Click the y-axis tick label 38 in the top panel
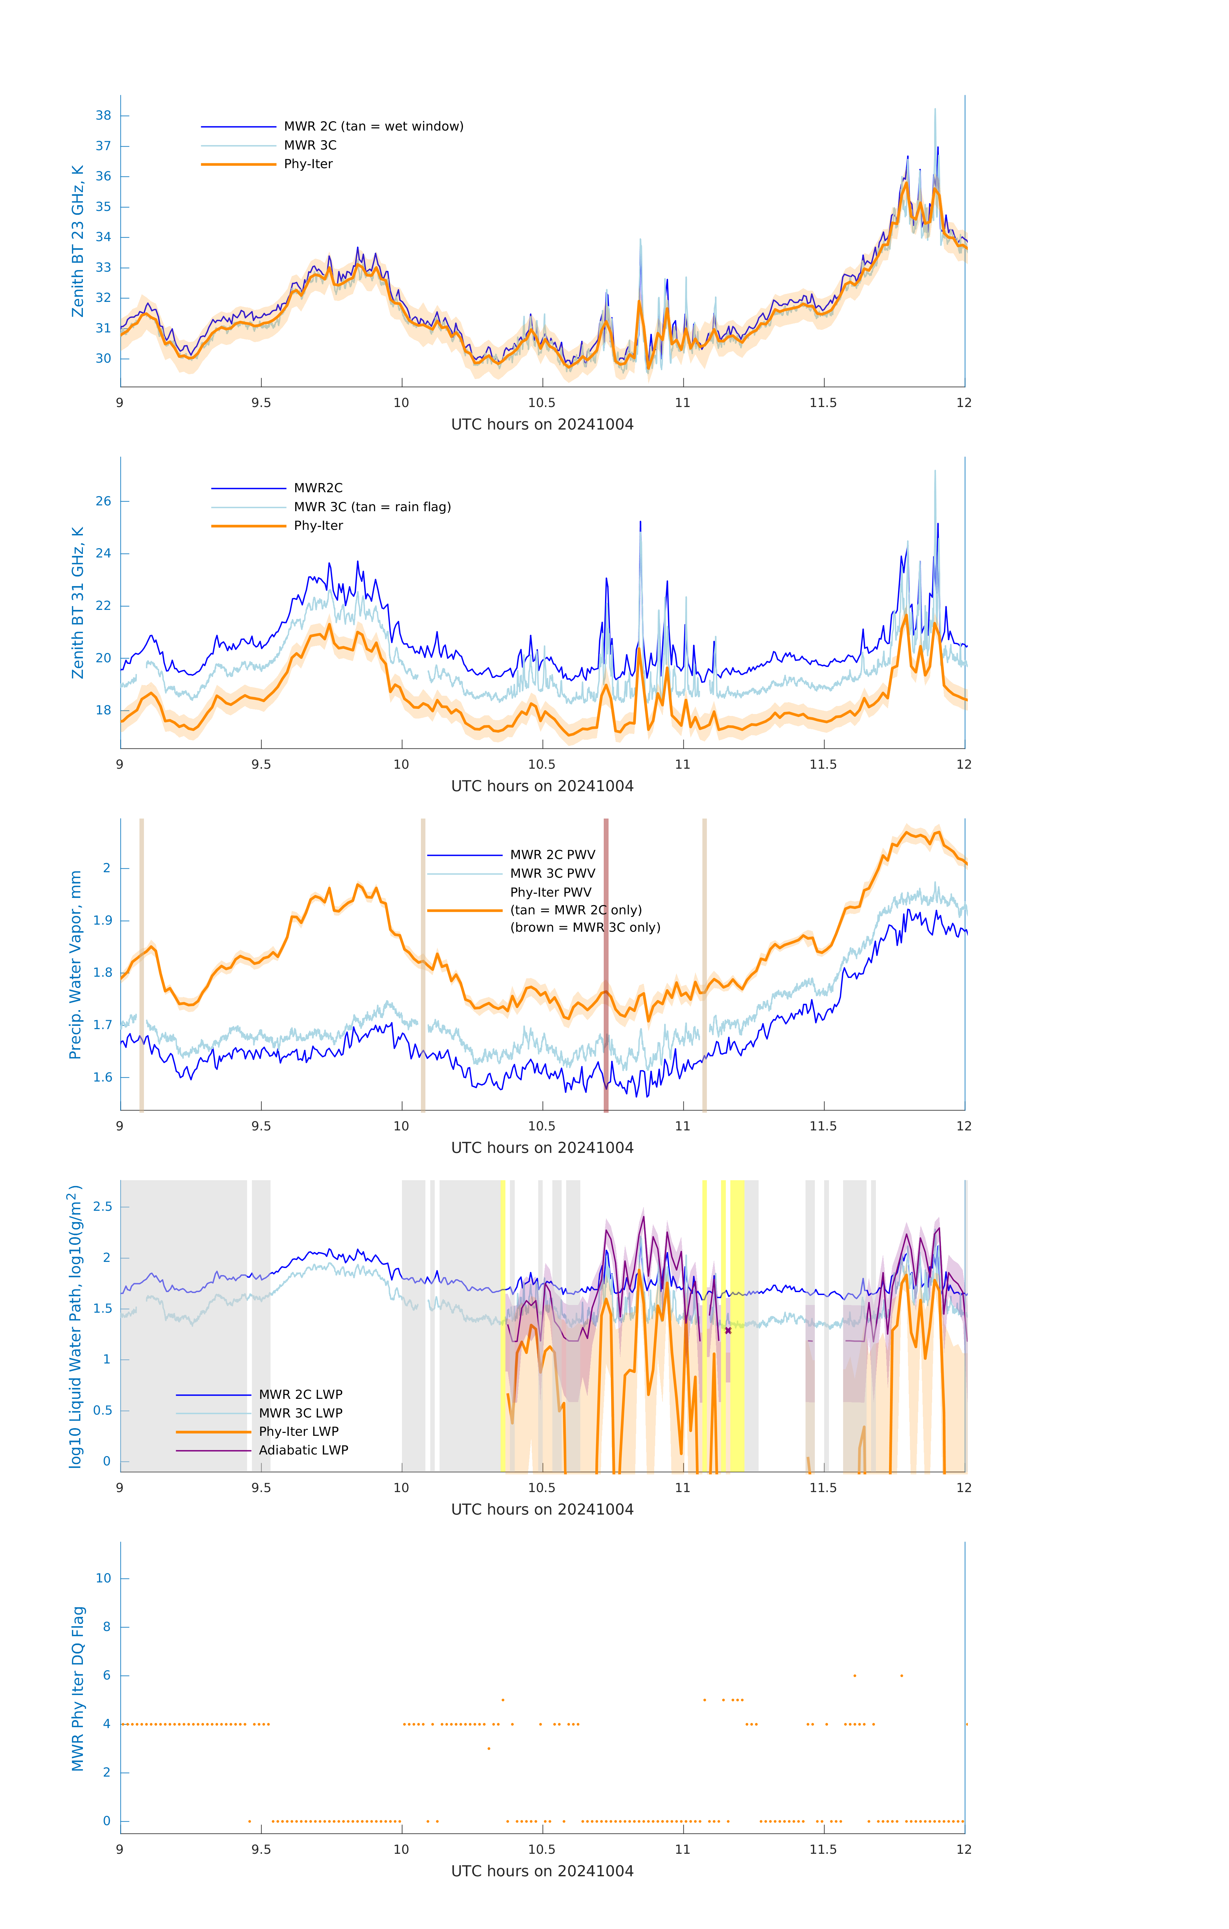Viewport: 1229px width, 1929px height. coord(103,115)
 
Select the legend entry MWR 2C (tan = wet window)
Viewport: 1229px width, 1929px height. coord(373,127)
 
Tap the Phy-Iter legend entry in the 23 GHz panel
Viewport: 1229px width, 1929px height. coord(308,164)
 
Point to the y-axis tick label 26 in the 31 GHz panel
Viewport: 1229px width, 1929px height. coord(103,502)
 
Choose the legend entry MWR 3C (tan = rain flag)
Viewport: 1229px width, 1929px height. coord(372,507)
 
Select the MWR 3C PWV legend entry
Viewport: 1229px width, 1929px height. coord(552,873)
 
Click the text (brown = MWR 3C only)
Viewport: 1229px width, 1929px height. coord(585,928)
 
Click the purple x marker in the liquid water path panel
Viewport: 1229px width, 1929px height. coord(728,1331)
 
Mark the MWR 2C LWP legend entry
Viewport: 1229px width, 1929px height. coord(300,1395)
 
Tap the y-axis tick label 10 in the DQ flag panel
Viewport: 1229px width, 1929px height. coord(103,1578)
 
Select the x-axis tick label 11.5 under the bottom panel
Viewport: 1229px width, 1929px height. coord(823,1850)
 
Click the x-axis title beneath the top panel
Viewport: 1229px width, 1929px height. coord(542,425)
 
